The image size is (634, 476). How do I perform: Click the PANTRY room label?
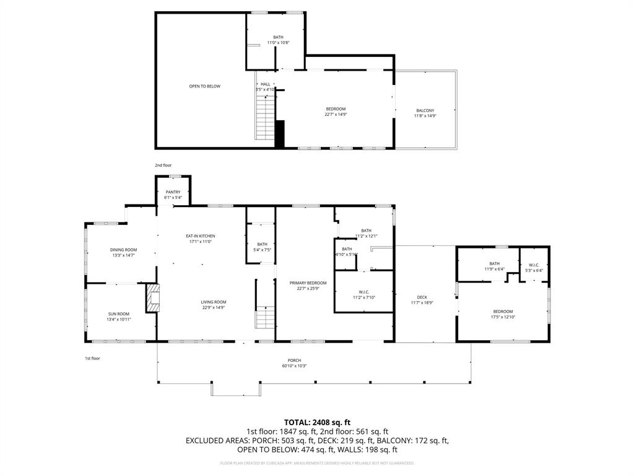pyautogui.click(x=173, y=192)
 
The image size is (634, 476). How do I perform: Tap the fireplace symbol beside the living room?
pyautogui.click(x=152, y=298)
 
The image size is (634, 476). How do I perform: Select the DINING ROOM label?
pyautogui.click(x=123, y=250)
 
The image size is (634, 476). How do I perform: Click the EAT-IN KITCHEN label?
pyautogui.click(x=200, y=236)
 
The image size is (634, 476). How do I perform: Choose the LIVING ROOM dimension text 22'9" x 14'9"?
pyautogui.click(x=214, y=307)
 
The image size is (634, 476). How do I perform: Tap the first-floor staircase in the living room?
pyautogui.click(x=265, y=317)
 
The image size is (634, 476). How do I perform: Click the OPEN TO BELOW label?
pyautogui.click(x=204, y=86)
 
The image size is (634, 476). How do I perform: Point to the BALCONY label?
pyautogui.click(x=425, y=111)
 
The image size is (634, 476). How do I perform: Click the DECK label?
pyautogui.click(x=422, y=297)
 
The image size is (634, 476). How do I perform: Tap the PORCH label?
pyautogui.click(x=294, y=360)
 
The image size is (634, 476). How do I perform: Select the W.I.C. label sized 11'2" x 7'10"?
pyautogui.click(x=364, y=292)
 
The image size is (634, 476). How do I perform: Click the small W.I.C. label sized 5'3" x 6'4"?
pyautogui.click(x=534, y=265)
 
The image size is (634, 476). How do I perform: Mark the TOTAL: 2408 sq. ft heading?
pyautogui.click(x=317, y=422)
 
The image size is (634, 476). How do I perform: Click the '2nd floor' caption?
pyautogui.click(x=163, y=165)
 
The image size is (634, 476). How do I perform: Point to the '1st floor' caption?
pyautogui.click(x=92, y=358)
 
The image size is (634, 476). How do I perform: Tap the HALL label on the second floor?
pyautogui.click(x=265, y=84)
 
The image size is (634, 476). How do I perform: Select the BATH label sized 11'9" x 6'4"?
pyautogui.click(x=494, y=263)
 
